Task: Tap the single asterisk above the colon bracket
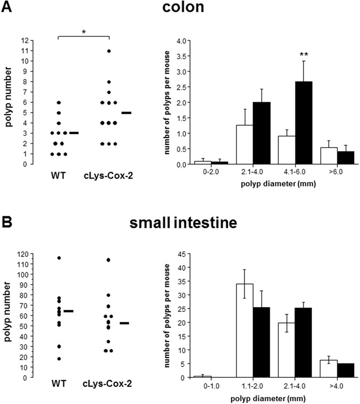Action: (x=83, y=33)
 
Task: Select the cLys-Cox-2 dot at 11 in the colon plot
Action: (x=108, y=51)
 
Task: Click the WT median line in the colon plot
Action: (x=74, y=133)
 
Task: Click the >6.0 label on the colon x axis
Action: (x=339, y=173)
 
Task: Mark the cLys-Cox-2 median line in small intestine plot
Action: (x=124, y=323)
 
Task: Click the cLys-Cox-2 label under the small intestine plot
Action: (x=109, y=384)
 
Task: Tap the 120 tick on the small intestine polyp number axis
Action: (x=22, y=254)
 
